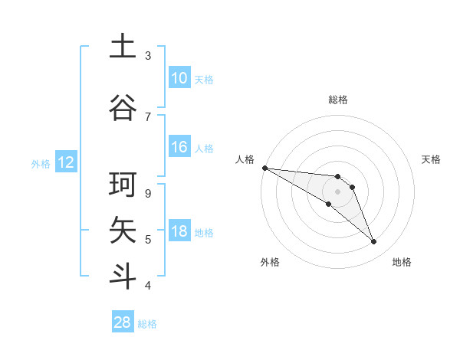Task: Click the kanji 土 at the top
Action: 123,46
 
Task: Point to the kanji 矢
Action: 123,229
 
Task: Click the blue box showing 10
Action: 179,78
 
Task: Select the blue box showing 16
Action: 179,147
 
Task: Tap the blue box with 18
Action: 179,232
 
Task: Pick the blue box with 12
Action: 65,162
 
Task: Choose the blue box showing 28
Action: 122,322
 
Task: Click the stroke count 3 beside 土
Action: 148,55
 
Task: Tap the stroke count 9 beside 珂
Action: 148,193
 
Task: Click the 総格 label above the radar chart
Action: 338,100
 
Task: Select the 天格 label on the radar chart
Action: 432,159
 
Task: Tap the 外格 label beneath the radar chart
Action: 270,262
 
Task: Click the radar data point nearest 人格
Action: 264,167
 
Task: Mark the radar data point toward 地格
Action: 374,242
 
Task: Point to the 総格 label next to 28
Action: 148,324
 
